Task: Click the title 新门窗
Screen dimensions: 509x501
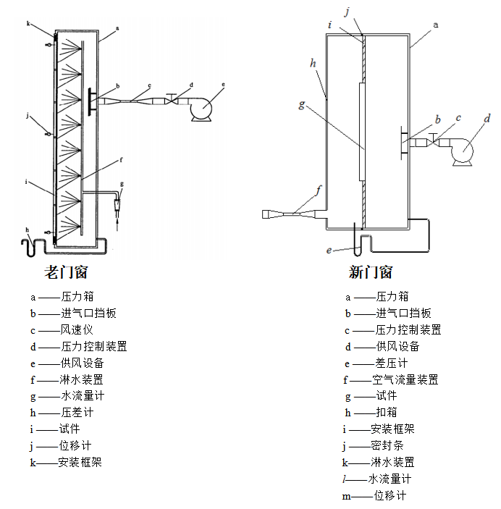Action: pos(371,273)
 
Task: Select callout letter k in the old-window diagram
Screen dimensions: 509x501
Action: pos(28,24)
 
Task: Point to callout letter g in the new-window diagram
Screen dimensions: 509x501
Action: pos(301,104)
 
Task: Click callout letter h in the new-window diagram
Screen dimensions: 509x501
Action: pos(313,63)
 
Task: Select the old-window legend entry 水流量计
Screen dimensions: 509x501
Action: pos(83,395)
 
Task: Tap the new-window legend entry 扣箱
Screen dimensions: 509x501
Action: pos(387,412)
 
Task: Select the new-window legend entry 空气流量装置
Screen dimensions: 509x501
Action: pos(405,379)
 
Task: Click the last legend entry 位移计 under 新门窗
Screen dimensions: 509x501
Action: pos(390,495)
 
